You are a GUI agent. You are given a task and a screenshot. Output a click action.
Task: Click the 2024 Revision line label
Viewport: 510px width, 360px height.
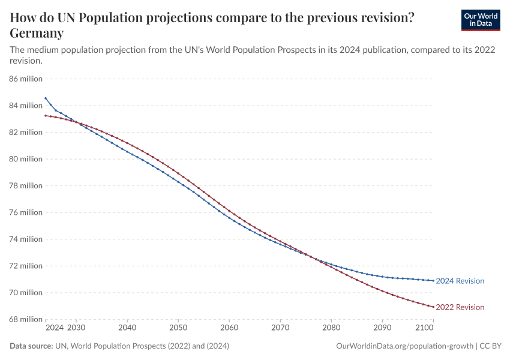[460, 281]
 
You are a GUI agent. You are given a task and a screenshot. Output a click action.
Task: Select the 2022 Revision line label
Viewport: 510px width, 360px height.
[460, 307]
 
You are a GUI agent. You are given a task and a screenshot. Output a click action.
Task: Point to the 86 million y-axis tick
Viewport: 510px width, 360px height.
[26, 79]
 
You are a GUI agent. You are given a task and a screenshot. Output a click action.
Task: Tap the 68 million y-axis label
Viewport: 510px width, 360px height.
[26, 319]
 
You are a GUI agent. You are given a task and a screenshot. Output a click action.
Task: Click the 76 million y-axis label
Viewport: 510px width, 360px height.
[26, 212]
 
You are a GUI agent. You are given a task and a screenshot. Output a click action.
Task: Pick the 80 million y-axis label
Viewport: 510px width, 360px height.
[26, 159]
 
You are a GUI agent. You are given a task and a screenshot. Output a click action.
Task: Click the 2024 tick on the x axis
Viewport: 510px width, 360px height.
[54, 328]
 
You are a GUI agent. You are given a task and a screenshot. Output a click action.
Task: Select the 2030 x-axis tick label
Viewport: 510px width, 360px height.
[76, 328]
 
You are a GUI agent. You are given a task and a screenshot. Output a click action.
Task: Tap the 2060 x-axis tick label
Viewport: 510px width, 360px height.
[229, 328]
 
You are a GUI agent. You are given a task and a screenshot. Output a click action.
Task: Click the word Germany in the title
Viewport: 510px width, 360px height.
[37, 33]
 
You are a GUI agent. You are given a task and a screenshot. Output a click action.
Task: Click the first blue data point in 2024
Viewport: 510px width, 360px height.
[46, 98]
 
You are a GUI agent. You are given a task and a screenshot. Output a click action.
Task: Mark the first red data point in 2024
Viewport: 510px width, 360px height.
[46, 115]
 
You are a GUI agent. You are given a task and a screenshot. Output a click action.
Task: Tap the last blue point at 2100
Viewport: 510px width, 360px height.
[433, 281]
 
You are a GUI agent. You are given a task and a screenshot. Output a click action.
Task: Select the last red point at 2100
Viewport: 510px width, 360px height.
[433, 307]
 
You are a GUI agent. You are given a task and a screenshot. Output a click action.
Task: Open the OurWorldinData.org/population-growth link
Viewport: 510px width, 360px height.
[404, 346]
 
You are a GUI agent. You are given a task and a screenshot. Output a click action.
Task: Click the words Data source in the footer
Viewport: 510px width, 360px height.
[31, 346]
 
